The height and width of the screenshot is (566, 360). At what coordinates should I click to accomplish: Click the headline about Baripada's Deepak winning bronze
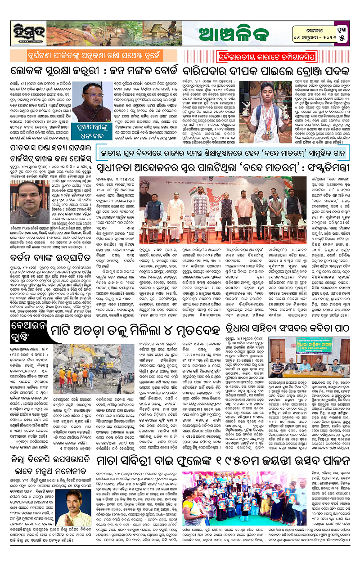[x=269, y=72]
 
